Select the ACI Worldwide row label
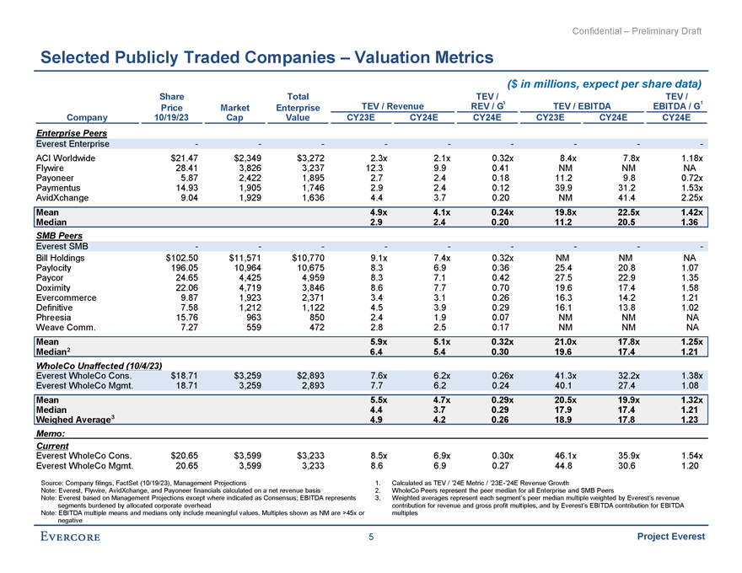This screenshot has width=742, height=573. click(x=67, y=158)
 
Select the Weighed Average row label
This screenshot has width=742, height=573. click(x=76, y=420)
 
